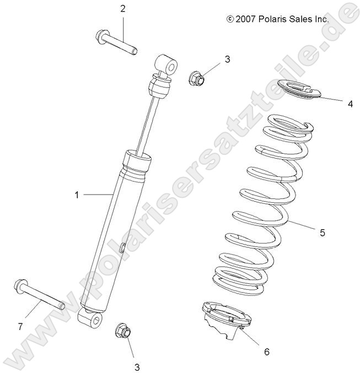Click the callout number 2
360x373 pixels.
122,9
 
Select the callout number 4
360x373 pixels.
350,103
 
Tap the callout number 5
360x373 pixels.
337,233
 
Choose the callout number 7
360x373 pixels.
20,326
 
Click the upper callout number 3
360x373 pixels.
227,59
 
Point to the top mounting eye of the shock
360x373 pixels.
169,66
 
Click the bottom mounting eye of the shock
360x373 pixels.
91,320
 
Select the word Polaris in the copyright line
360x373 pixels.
274,19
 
